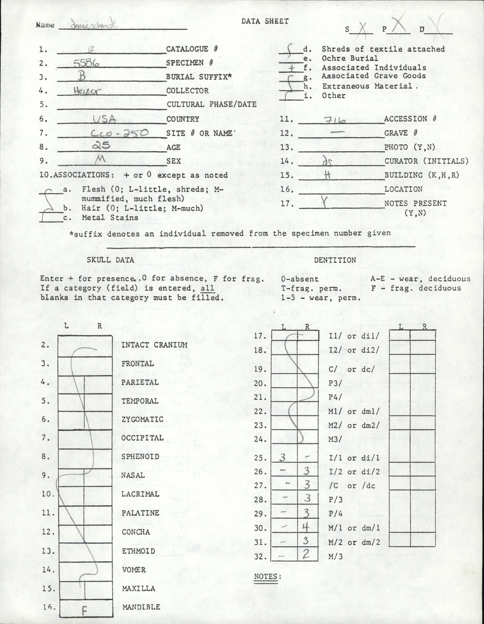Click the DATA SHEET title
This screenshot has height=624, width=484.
(265, 21)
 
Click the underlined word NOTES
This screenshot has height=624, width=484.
(265, 568)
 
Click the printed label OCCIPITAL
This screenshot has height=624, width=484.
(142, 438)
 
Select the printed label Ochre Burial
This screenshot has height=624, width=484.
(354, 58)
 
